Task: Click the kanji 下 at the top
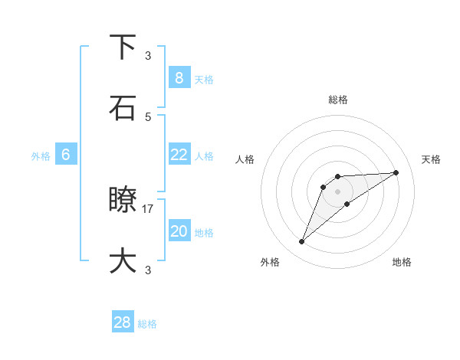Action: (123, 47)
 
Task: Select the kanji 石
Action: (123, 108)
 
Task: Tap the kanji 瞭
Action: (123, 200)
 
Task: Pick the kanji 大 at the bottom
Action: (123, 260)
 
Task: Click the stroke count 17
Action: (148, 208)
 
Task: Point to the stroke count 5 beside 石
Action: (148, 116)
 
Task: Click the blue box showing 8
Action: (179, 77)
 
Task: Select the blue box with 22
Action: (179, 154)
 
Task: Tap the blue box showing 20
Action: (179, 231)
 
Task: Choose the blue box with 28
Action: (123, 322)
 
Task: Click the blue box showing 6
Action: (66, 155)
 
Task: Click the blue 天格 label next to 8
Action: (204, 79)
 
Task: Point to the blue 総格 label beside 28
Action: (147, 324)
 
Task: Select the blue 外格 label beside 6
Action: (41, 156)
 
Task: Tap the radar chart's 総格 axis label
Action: (338, 100)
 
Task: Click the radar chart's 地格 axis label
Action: (402, 262)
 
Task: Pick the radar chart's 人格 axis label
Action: (245, 159)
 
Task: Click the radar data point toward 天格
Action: (396, 172)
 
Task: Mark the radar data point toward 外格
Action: (302, 242)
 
